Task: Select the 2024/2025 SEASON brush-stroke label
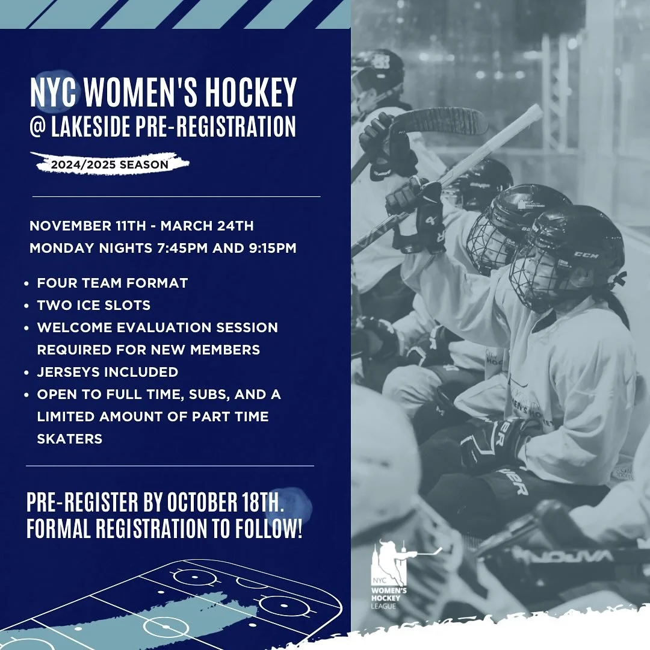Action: pos(110,163)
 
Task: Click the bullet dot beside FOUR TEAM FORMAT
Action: pos(28,283)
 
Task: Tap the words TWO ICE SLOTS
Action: pos(94,305)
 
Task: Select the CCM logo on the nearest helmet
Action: pos(586,255)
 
